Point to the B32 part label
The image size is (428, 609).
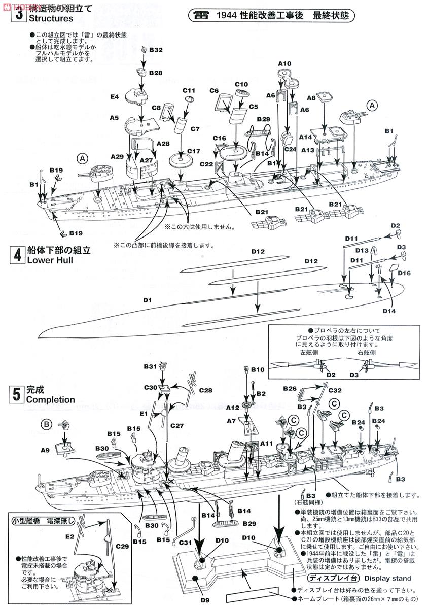155,50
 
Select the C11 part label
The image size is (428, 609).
189,90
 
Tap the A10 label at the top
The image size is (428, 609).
284,63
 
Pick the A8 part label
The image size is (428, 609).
310,98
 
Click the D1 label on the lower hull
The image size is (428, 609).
148,300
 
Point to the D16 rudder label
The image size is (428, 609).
404,273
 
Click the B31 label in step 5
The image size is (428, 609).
151,366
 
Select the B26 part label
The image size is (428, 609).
290,389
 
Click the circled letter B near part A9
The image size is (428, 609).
46,423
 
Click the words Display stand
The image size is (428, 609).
387,578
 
